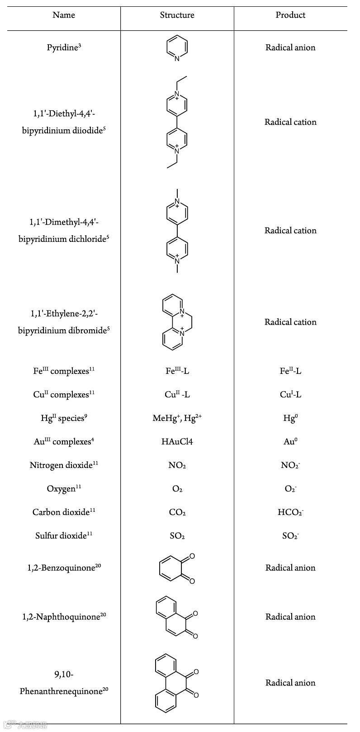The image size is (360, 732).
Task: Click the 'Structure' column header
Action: [177, 15]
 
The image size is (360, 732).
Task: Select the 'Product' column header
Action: [290, 15]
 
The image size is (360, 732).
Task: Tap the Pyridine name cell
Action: [64, 47]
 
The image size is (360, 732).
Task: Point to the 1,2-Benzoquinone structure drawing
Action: [177, 568]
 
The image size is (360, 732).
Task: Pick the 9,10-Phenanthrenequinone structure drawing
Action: [176, 682]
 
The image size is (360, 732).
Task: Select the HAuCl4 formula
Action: [177, 442]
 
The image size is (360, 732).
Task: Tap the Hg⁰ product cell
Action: [290, 418]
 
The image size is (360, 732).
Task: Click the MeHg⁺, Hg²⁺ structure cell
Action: [177, 418]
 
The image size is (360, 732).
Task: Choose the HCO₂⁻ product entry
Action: [290, 512]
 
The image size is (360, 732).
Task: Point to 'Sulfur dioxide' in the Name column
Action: [64, 536]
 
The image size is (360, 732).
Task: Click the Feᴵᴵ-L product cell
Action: [290, 371]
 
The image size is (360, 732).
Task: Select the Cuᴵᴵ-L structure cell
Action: [177, 395]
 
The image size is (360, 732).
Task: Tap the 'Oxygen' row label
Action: [64, 489]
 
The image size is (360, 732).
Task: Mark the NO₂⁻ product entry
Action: [290, 465]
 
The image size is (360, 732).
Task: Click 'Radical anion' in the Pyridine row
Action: [290, 47]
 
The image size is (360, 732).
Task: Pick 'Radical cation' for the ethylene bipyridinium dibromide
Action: [290, 322]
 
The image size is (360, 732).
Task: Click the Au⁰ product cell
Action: [290, 442]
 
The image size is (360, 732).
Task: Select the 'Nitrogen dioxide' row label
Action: [64, 465]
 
